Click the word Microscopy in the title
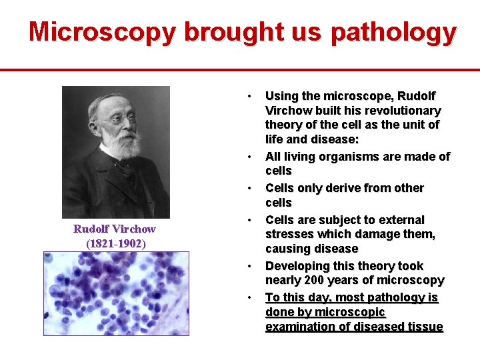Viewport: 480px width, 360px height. pyautogui.click(x=103, y=32)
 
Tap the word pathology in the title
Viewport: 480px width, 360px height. pyautogui.click(x=393, y=32)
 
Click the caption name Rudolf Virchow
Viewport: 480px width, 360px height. pyautogui.click(x=114, y=229)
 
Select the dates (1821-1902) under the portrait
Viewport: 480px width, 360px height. pyautogui.click(x=115, y=243)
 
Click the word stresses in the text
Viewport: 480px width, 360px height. pyautogui.click(x=288, y=234)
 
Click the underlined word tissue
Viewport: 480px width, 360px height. pyautogui.click(x=426, y=327)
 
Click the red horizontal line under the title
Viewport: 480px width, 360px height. pyautogui.click(x=240, y=69)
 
